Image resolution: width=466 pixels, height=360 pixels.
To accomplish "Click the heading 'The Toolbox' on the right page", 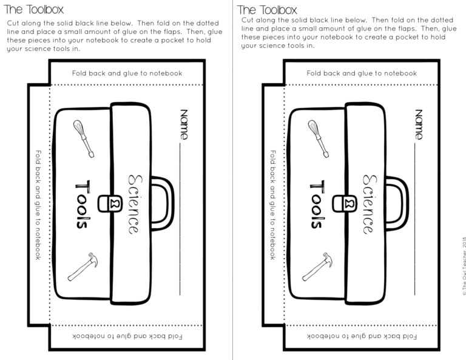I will pos(268,10).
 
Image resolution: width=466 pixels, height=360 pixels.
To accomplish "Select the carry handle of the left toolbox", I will pos(162,203).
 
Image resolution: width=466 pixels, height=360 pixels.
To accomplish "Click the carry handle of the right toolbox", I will pos(397,203).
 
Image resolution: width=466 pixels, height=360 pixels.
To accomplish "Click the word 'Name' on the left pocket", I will pos(184,124).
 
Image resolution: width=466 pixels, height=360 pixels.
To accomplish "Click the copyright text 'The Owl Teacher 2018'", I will pos(463,265).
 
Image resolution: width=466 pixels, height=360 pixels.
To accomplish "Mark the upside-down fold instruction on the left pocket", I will pos(127,336).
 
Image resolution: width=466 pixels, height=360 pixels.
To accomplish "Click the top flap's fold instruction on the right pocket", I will pos(361,73).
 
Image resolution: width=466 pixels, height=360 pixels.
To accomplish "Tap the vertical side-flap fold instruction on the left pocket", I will pos(38,205).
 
